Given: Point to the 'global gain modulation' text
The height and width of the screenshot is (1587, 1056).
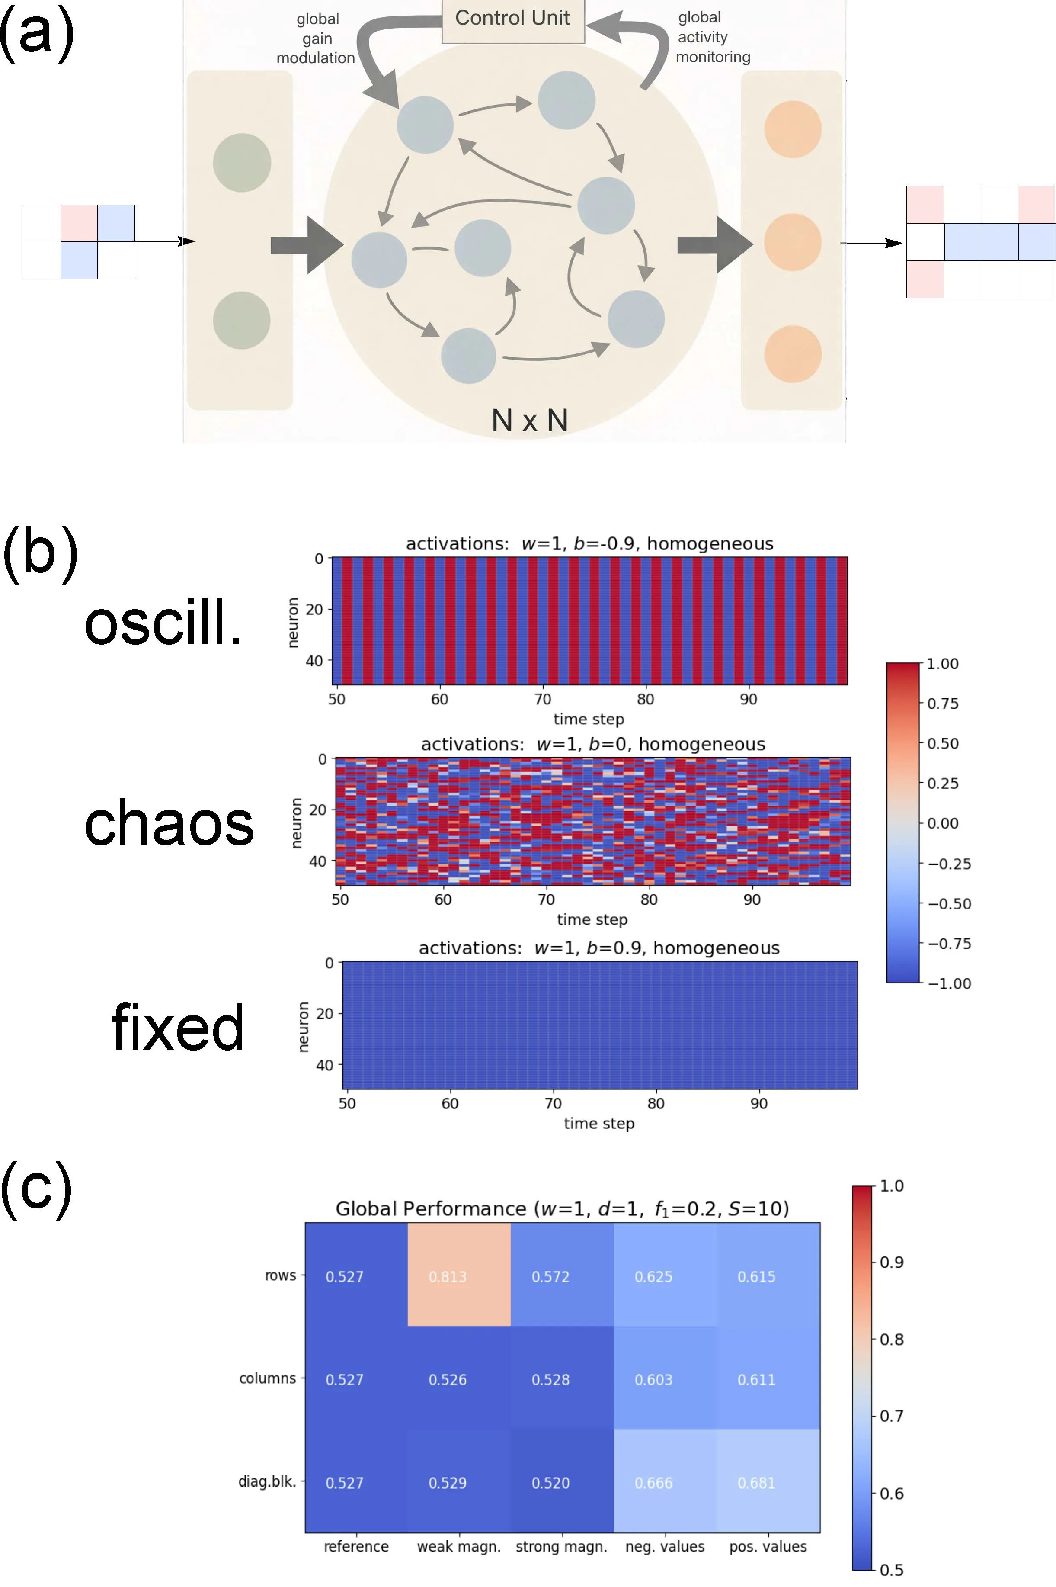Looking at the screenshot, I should [316, 39].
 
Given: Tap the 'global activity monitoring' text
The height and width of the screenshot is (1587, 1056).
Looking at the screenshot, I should [712, 37].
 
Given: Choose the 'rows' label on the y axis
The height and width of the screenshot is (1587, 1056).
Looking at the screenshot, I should [280, 1275].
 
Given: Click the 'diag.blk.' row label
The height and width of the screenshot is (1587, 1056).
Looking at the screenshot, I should [267, 1482].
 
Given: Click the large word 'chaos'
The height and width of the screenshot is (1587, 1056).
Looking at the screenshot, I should [169, 823].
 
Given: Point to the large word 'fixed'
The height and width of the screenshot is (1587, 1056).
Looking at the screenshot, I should [177, 1027].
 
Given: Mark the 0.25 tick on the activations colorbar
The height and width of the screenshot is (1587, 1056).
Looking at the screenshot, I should [943, 783].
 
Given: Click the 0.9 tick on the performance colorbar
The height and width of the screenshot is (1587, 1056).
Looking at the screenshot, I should [892, 1262].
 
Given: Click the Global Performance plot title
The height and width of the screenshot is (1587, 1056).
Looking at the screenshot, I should [562, 1208].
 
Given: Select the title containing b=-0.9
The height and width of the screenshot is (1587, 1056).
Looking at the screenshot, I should [589, 544].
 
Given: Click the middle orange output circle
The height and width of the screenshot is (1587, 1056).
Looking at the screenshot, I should [793, 242].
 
